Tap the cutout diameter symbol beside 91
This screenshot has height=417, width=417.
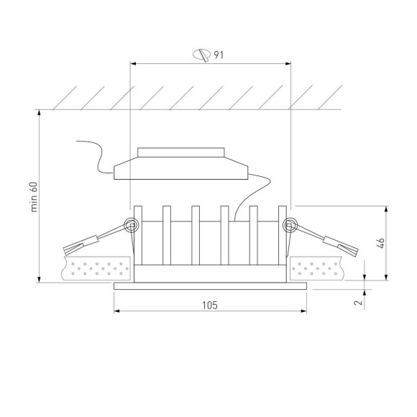tap(202, 55)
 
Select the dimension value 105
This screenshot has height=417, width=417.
tap(209, 305)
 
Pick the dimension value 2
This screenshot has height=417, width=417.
tap(357, 303)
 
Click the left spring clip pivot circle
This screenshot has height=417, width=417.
tap(131, 226)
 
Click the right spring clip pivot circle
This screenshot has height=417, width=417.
tap(290, 226)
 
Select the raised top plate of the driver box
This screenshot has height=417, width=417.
tap(180, 152)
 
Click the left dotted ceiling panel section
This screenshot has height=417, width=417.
tap(96, 270)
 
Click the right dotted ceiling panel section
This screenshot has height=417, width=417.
tap(321, 270)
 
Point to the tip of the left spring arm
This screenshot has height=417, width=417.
tap(70, 251)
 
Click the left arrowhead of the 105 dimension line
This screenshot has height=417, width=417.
tap(118, 312)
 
